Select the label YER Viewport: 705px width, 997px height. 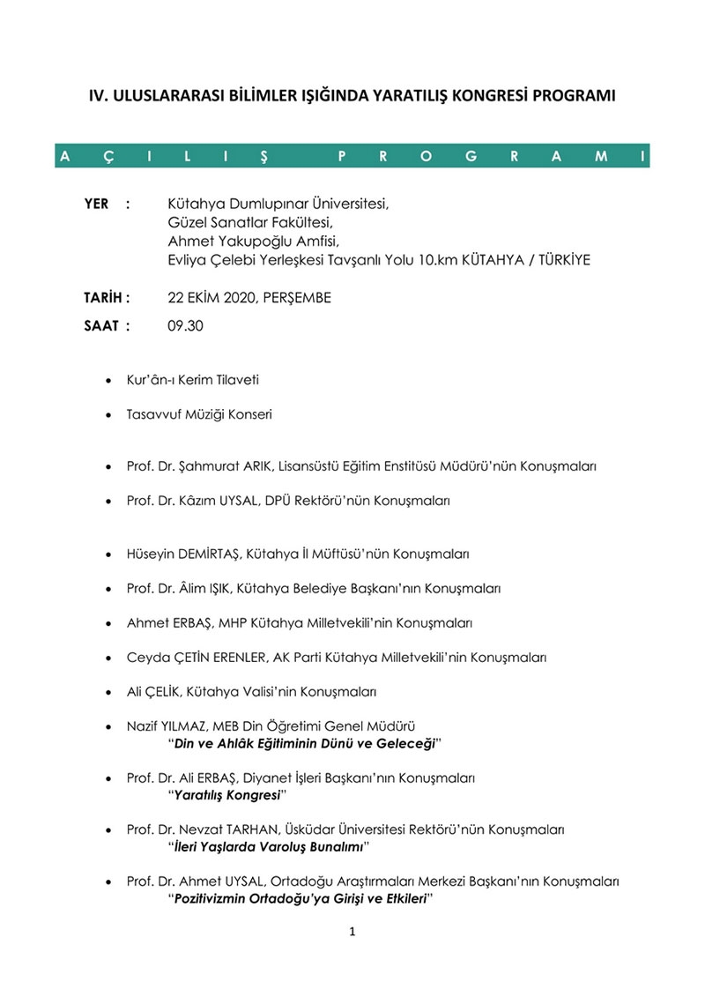point(96,204)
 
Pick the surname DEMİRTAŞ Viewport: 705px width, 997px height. point(211,554)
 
